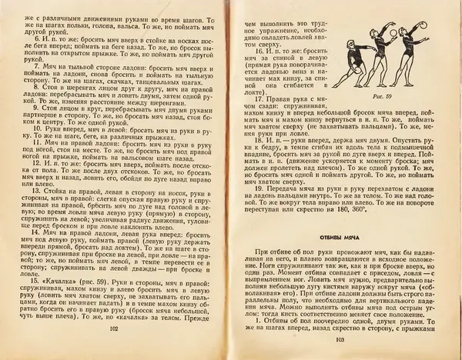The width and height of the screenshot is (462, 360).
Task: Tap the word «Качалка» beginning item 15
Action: click(58, 282)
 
